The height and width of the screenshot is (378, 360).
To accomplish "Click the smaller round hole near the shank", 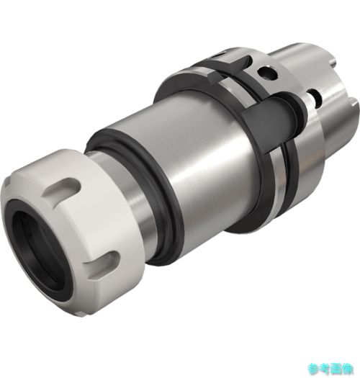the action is [x=315, y=96].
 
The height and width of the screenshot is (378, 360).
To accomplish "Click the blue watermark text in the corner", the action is [x=330, y=369].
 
